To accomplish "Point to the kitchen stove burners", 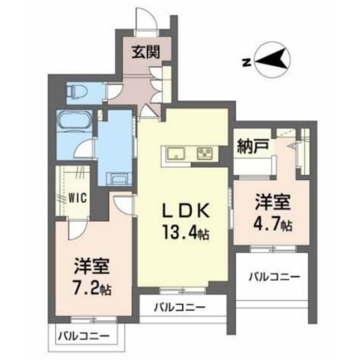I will click(x=206, y=154).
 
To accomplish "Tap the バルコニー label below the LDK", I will click(x=180, y=308).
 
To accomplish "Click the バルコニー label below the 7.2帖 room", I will click(x=83, y=336).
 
